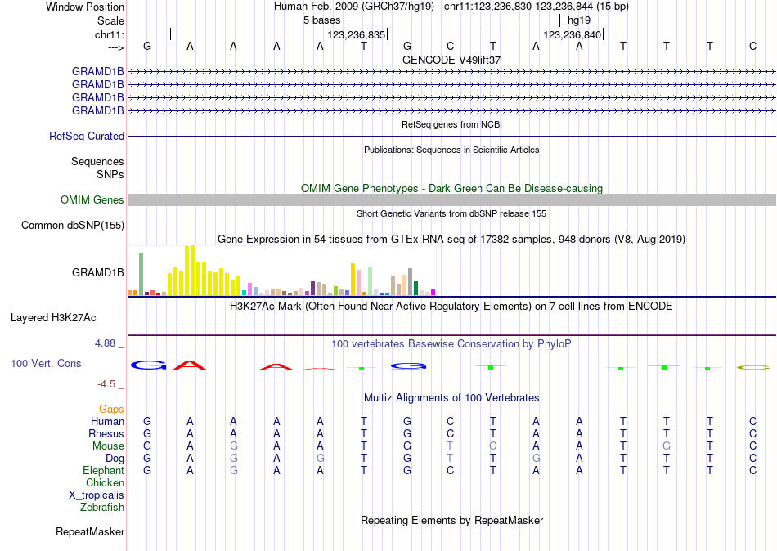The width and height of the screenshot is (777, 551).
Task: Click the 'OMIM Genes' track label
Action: tap(92, 199)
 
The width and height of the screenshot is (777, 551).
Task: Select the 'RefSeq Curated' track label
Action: tap(87, 137)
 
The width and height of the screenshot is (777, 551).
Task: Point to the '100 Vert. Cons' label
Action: tap(46, 363)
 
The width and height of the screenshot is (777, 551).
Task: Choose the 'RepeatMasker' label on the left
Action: tap(90, 532)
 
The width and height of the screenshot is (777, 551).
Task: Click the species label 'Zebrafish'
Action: tap(102, 508)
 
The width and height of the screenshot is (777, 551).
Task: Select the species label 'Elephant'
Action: tap(103, 471)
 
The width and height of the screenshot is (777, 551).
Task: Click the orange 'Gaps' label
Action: tap(111, 409)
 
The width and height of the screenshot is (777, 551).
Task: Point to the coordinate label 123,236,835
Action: tap(356, 35)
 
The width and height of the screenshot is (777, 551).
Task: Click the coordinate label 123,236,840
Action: tap(573, 35)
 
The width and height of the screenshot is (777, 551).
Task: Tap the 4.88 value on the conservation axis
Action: tap(106, 343)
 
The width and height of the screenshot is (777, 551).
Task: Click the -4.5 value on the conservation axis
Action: tap(108, 383)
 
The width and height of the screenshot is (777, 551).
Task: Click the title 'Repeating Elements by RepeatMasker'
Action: tap(451, 521)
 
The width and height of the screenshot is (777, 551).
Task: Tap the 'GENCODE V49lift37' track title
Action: tap(451, 60)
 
